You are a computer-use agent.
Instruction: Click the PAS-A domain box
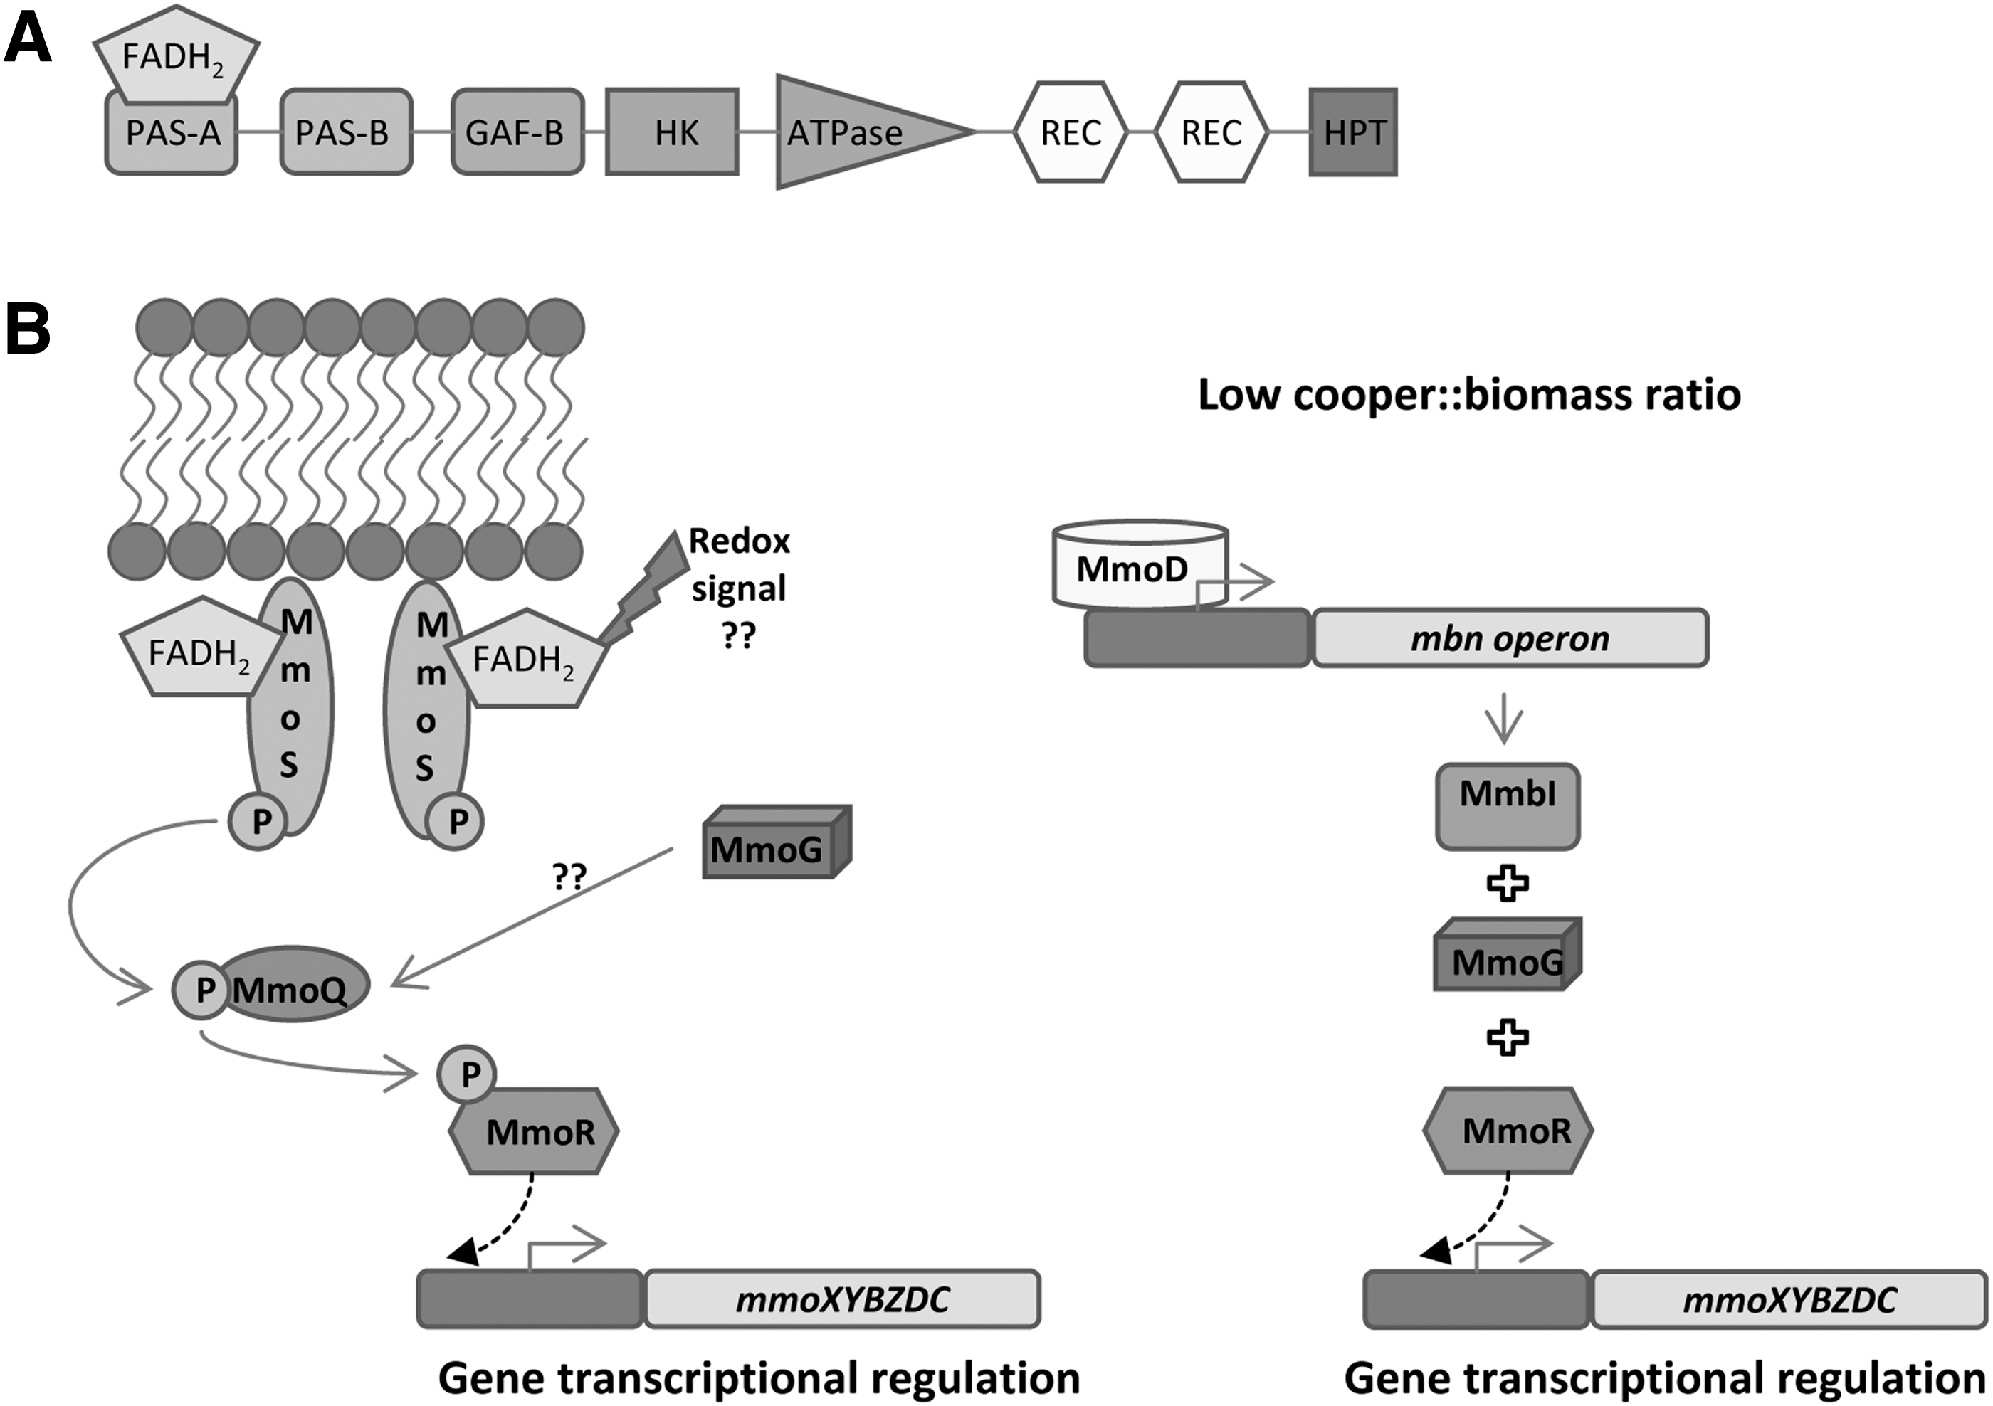click(172, 132)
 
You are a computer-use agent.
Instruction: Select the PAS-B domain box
click(345, 132)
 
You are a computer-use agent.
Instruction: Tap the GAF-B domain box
click(517, 132)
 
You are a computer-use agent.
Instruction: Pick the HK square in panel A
click(672, 132)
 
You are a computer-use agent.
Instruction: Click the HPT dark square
click(1353, 132)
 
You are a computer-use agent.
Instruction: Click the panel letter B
click(28, 330)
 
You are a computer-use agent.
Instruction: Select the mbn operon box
click(1510, 639)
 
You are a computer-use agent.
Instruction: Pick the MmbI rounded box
click(1508, 806)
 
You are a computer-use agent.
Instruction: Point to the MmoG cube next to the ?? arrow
click(776, 842)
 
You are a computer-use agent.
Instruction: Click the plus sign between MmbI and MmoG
click(1508, 884)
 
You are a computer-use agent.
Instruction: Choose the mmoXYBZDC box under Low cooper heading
click(1790, 1299)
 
